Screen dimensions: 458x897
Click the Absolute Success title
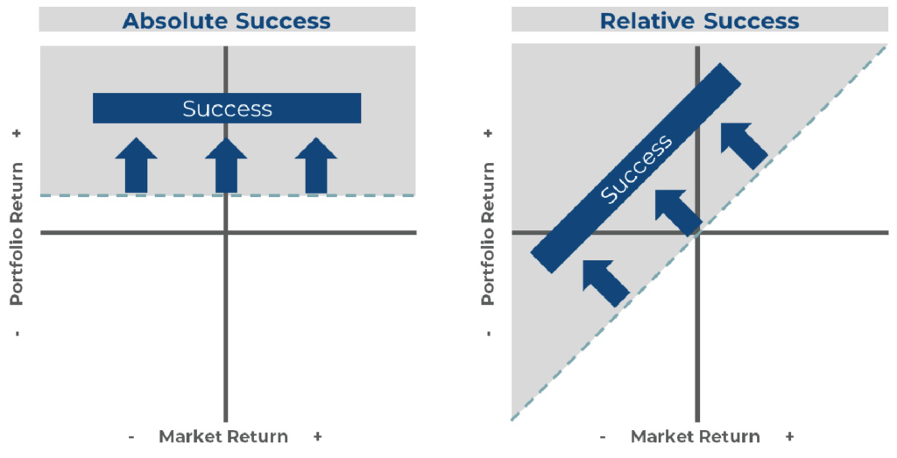click(x=227, y=20)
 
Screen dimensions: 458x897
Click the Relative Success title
click(x=699, y=20)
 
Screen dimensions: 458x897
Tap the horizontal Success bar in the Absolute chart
click(x=227, y=109)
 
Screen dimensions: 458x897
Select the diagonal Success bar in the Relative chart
click(x=637, y=167)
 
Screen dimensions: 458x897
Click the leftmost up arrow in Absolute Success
click(x=137, y=166)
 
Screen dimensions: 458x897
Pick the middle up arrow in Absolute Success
click(x=226, y=166)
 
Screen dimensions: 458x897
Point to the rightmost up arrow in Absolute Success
click(x=316, y=166)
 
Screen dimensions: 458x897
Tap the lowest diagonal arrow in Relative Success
click(x=605, y=281)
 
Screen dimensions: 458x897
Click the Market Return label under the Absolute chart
click(x=224, y=436)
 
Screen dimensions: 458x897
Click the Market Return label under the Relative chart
click(x=696, y=436)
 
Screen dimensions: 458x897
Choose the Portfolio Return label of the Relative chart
click(x=488, y=232)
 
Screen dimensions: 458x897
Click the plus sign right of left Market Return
click(x=317, y=436)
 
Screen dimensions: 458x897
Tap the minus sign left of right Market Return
click(x=604, y=436)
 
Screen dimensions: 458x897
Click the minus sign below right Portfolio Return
click(x=488, y=333)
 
